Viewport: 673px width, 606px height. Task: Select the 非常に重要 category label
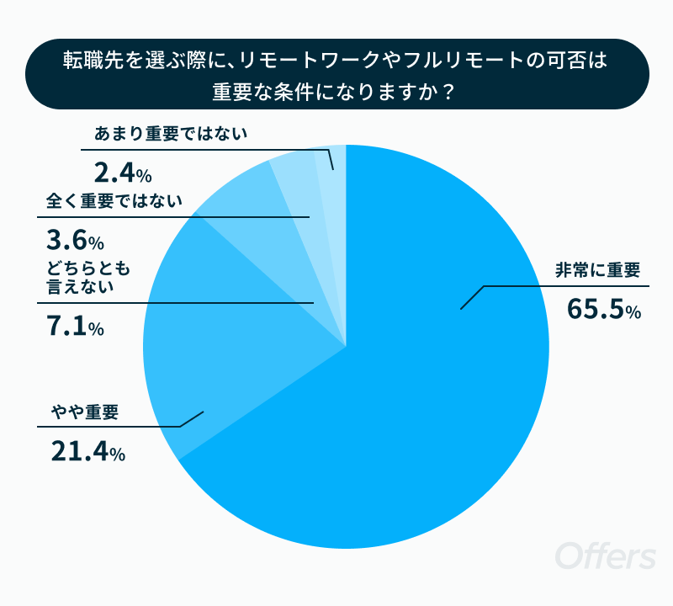597,271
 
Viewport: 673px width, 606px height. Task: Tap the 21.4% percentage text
87,452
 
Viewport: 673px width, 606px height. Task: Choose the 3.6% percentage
75,242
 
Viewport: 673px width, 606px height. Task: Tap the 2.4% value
123,173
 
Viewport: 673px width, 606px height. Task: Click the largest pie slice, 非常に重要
421,404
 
